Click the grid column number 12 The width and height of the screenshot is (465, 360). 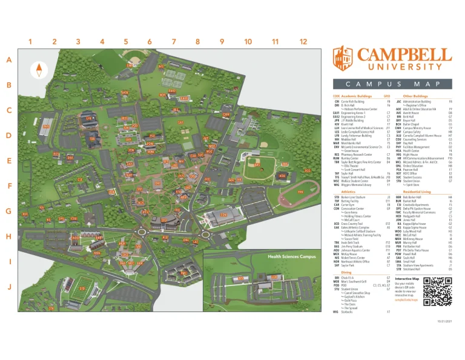(x=303, y=42)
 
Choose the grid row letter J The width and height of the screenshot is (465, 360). (x=9, y=286)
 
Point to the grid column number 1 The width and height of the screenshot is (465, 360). (x=29, y=42)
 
